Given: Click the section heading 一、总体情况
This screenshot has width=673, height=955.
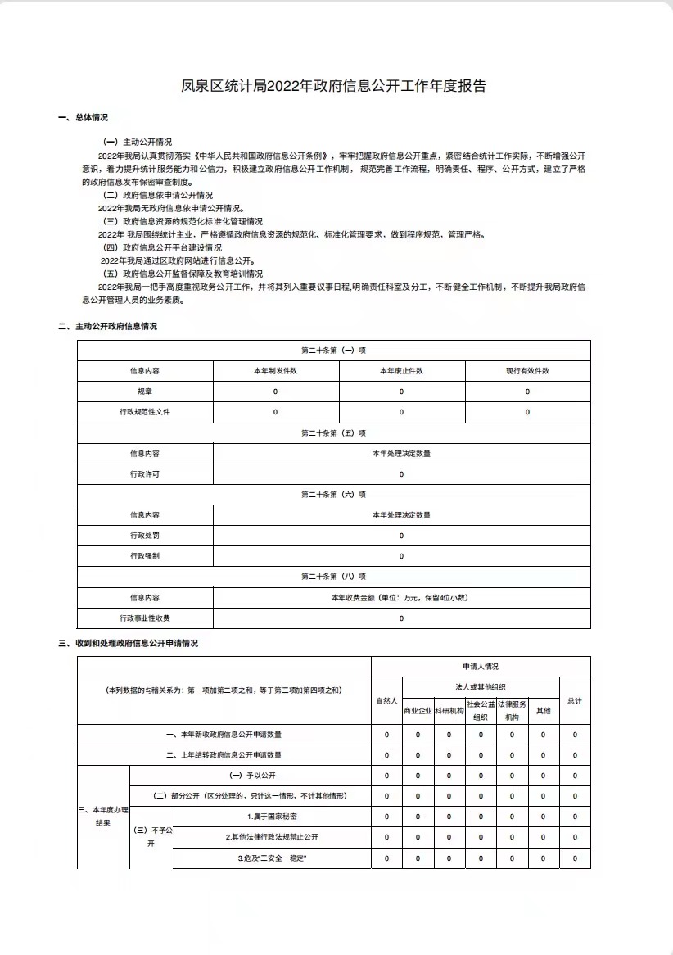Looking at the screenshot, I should click(x=83, y=118).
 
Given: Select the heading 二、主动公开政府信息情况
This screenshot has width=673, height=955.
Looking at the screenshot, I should click(x=107, y=326).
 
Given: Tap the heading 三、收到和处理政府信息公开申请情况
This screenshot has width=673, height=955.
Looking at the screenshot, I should click(x=128, y=643).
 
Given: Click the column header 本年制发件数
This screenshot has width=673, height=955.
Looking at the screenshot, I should click(x=274, y=371).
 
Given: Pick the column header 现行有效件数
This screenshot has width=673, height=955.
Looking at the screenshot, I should click(x=527, y=371).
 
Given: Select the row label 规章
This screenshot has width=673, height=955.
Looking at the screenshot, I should click(x=144, y=392).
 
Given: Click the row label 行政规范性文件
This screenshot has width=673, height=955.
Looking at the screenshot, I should click(x=144, y=412).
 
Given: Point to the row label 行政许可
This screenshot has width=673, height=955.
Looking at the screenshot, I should click(x=144, y=474).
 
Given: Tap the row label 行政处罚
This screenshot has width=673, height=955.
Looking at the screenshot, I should click(x=144, y=536).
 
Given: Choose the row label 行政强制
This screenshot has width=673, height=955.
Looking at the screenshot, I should click(x=144, y=556).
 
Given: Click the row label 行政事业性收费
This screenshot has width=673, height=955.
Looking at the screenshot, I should click(x=144, y=618).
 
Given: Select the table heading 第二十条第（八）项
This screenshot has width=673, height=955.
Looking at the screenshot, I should click(x=333, y=577).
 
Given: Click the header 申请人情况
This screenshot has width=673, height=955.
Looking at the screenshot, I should click(x=480, y=667).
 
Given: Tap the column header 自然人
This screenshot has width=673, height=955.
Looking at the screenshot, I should click(x=386, y=701).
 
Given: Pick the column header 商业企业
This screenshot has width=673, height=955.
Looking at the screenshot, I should click(x=418, y=711).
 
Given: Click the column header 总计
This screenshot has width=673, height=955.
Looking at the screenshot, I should click(x=575, y=701).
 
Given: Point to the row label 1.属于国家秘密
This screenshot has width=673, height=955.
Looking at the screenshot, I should click(x=272, y=817).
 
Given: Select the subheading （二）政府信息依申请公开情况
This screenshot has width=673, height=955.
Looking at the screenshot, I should click(x=157, y=195).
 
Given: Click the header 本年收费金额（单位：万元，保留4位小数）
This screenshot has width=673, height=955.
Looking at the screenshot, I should click(x=400, y=598).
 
